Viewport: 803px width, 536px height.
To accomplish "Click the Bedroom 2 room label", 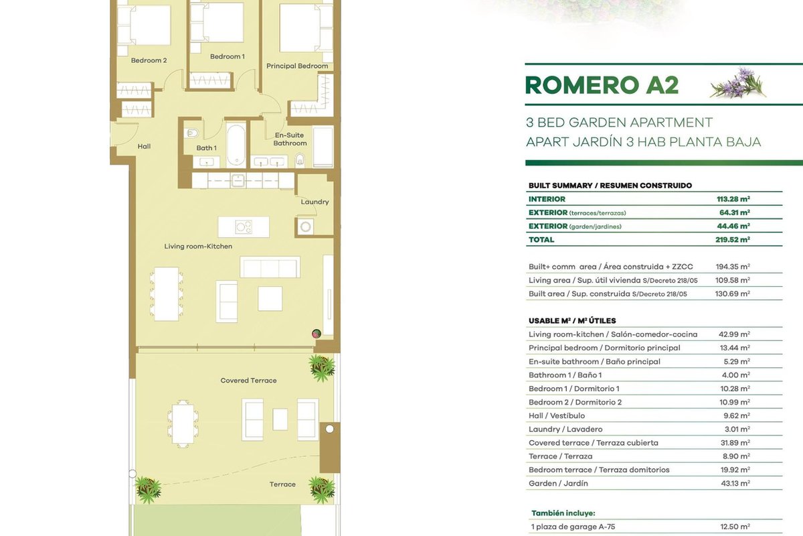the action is click(x=149, y=60).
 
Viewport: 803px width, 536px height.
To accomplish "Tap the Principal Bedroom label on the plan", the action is click(x=297, y=66).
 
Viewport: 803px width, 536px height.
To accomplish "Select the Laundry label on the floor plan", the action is click(x=315, y=202).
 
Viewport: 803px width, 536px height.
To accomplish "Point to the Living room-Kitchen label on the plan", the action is click(x=198, y=247).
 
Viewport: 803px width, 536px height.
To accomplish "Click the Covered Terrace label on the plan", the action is click(x=248, y=381).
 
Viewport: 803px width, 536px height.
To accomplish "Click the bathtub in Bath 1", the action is click(x=236, y=145).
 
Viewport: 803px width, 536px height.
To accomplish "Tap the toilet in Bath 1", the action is click(x=192, y=133).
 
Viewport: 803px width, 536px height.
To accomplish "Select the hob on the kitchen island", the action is click(x=244, y=227).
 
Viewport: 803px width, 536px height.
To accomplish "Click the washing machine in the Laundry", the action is click(x=305, y=227).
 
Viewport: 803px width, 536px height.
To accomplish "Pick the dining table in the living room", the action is click(x=167, y=294).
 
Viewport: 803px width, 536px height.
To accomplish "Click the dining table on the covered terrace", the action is click(x=183, y=424).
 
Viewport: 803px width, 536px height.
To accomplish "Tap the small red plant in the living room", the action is click(x=317, y=334).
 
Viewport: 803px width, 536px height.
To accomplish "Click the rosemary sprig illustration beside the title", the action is click(x=737, y=83).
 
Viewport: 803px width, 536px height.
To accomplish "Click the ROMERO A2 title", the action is click(x=602, y=85).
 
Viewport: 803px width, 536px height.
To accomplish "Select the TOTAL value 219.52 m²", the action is click(x=733, y=239).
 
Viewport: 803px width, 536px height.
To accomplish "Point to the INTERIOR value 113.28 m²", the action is click(x=733, y=199).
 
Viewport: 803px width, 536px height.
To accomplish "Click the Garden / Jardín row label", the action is click(x=558, y=484).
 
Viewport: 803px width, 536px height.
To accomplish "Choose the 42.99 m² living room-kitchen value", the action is click(x=734, y=334).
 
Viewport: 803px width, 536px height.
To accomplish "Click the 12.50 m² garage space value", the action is click(x=735, y=527).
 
